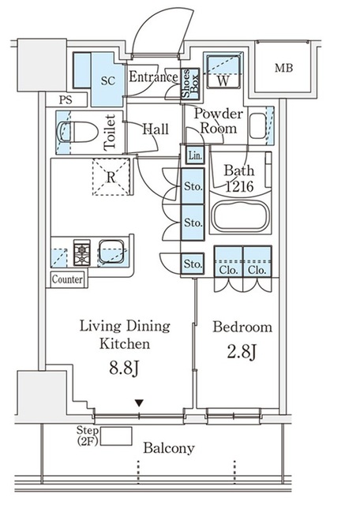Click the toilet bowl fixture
coord(77,132)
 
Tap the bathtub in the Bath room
coord(241,215)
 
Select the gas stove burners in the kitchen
coord(82,252)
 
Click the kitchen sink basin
coord(111,252)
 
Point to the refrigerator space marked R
coord(111,177)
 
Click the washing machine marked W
coord(223,72)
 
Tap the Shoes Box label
coord(190,84)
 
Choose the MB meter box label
coord(284,68)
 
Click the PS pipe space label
coord(66,100)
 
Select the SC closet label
coord(108,80)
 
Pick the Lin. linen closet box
coord(195,155)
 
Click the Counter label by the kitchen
coord(67,279)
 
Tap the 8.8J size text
coord(125,368)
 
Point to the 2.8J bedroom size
coord(242,351)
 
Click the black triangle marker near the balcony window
coord(139,403)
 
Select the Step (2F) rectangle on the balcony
coord(116,436)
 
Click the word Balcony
coord(169,448)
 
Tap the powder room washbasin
coord(258,125)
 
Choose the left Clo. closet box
coord(228,261)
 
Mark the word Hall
coord(156,129)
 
